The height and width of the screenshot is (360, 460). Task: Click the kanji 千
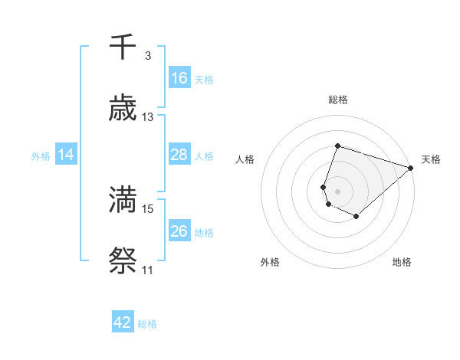pos(123,47)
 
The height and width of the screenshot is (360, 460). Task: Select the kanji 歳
pos(123,109)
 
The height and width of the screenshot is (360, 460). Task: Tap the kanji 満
pos(123,199)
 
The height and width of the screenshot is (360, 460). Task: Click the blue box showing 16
pos(179,78)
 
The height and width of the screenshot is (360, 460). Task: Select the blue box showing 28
pos(179,155)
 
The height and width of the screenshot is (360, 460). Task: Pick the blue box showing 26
pos(179,231)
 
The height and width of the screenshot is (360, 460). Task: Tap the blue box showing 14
pos(66,155)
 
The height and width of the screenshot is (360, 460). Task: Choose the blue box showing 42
pos(123,322)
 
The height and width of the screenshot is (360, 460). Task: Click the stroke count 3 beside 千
pos(147,56)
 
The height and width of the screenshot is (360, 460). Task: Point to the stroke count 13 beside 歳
pos(148,117)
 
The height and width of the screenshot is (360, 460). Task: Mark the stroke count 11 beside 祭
pos(148,270)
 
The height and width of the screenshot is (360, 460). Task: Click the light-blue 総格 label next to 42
pos(147,324)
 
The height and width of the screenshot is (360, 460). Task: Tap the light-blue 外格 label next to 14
pos(41,155)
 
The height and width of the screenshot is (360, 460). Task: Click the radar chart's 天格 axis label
pos(432,159)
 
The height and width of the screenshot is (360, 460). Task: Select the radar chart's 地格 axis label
pos(402,262)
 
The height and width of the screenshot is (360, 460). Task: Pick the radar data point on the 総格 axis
pos(337,146)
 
